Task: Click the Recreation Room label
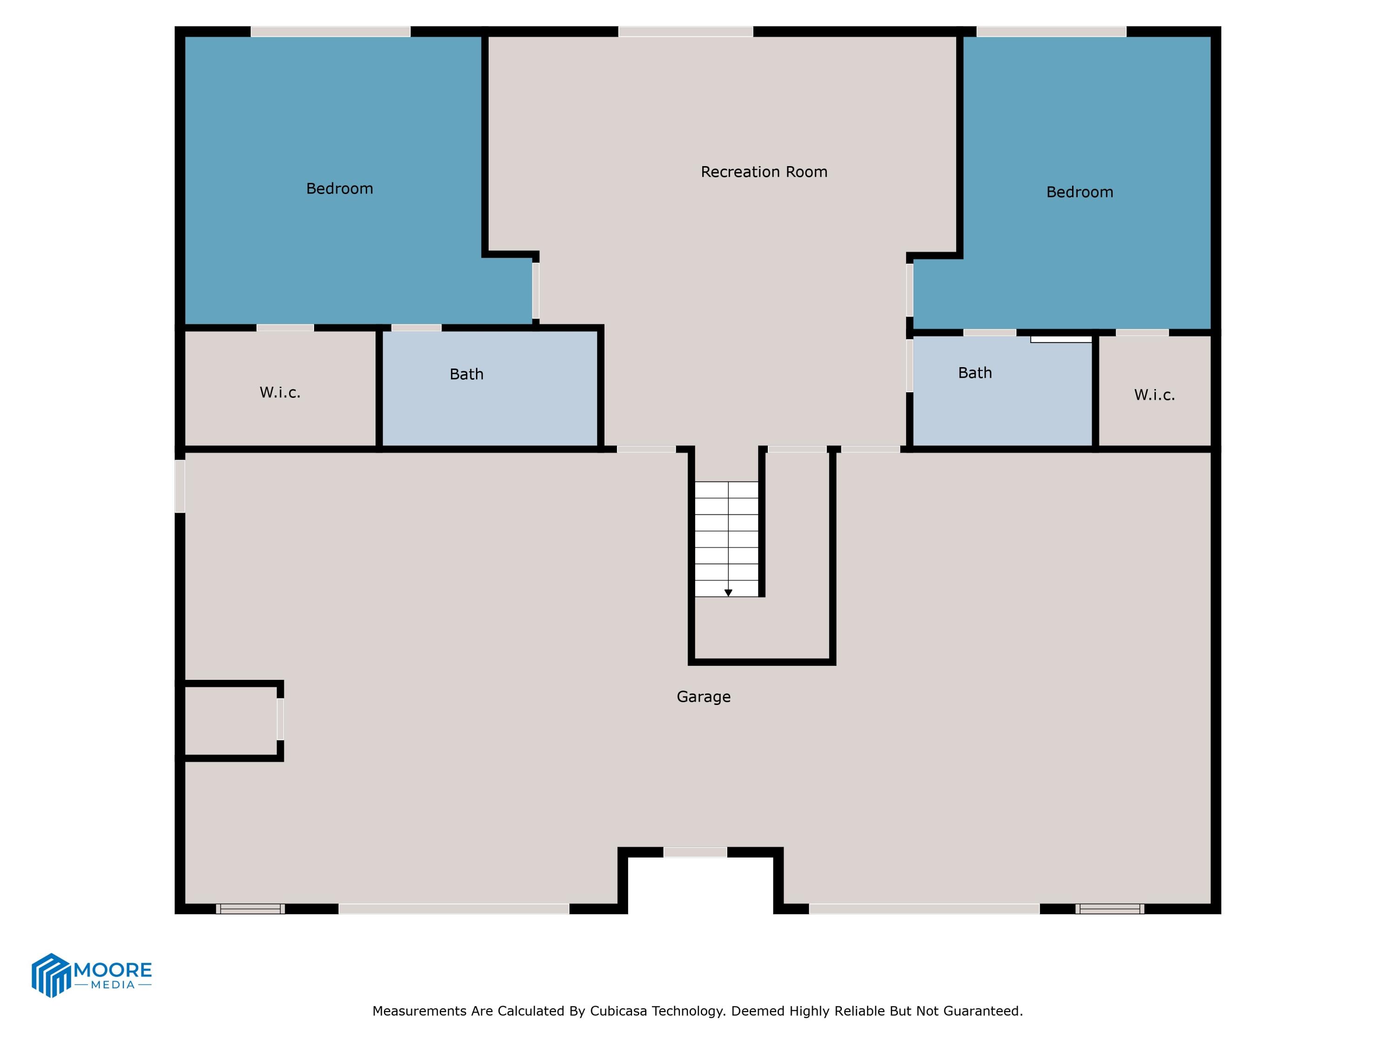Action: click(x=764, y=172)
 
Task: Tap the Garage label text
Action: click(x=703, y=697)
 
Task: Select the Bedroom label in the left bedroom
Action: click(x=340, y=189)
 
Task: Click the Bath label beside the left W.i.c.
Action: click(x=466, y=374)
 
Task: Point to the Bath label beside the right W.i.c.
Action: click(x=974, y=373)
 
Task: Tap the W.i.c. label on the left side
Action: click(x=280, y=393)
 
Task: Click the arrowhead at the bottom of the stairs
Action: click(x=728, y=593)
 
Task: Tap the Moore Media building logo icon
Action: click(x=50, y=975)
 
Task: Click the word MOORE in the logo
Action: click(x=113, y=969)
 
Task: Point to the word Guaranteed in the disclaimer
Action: click(x=988, y=1011)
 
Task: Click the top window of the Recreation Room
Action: click(x=685, y=32)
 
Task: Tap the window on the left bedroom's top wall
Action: click(x=331, y=32)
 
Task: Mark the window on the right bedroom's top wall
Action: click(x=1051, y=32)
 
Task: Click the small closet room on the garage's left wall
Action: click(x=230, y=720)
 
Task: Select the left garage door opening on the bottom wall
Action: click(x=454, y=909)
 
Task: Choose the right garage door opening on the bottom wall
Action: click(x=924, y=909)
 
